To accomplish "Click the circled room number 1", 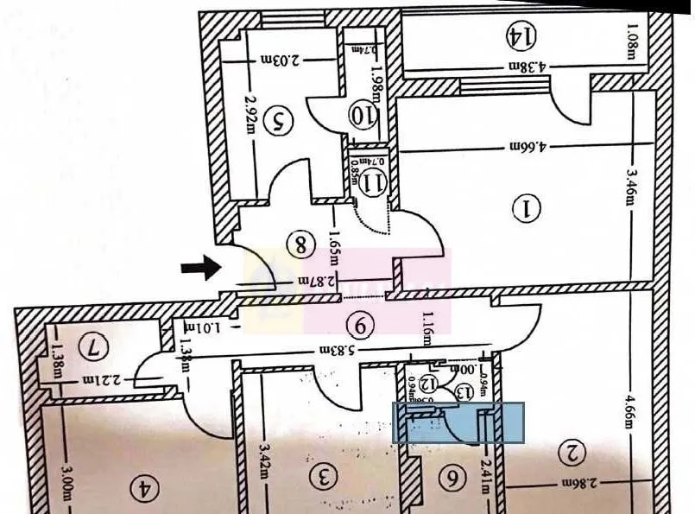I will coord(525,207).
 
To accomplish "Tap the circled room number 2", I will coord(572,450).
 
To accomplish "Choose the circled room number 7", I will coord(92,348).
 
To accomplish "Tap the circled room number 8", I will coord(301,245).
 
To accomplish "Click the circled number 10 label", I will coord(363,113).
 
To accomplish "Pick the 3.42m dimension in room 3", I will coord(264,459).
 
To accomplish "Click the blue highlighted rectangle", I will coord(458,423).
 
